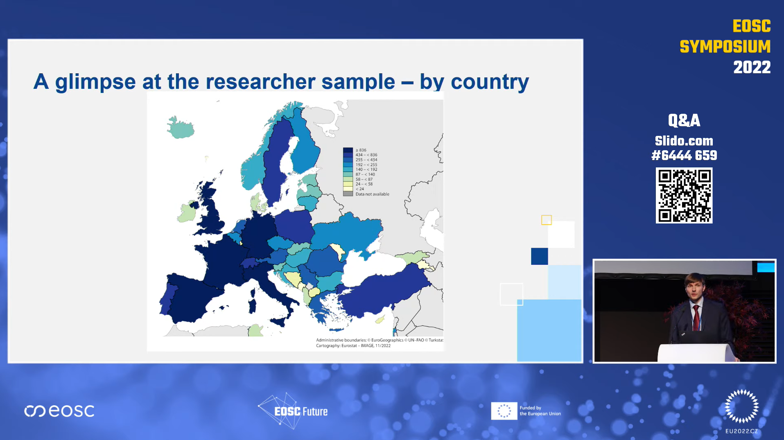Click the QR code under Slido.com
[x=684, y=195]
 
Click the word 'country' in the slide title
[x=490, y=81]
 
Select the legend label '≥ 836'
[x=361, y=150]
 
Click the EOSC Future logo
[x=293, y=411]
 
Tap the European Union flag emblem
[x=504, y=411]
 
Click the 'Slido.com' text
[x=684, y=141]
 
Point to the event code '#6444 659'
[x=684, y=156]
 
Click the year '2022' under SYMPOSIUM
[x=752, y=67]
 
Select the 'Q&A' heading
[x=684, y=120]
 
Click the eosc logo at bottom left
[x=59, y=411]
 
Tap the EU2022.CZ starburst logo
[x=741, y=406]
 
